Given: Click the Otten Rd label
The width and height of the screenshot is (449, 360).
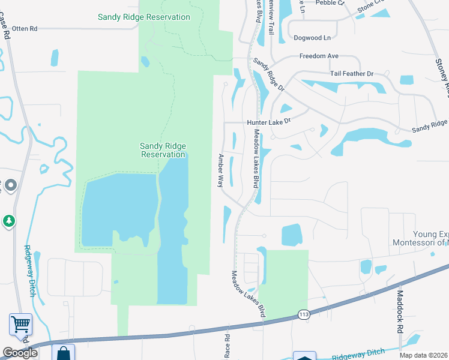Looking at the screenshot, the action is tap(25, 28).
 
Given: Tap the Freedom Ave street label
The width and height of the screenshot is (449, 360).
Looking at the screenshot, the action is tap(319, 56).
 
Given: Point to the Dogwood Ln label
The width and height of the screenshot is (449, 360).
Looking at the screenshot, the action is tap(312, 38).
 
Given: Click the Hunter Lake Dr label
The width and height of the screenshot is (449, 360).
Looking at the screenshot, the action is tap(268, 121).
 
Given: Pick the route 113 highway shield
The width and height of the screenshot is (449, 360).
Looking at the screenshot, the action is tap(304, 314).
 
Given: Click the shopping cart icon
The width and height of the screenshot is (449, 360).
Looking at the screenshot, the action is tap(20, 325).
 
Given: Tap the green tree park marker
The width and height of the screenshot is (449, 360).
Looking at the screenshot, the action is tap(8, 221).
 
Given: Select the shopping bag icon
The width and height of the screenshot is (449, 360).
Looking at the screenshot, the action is tap(63, 353).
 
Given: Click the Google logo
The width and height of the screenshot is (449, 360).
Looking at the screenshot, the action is tap(20, 353).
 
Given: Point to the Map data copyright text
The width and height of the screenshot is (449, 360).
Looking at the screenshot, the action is tap(423, 355).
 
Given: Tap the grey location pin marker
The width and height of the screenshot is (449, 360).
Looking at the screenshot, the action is tap(11, 185).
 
